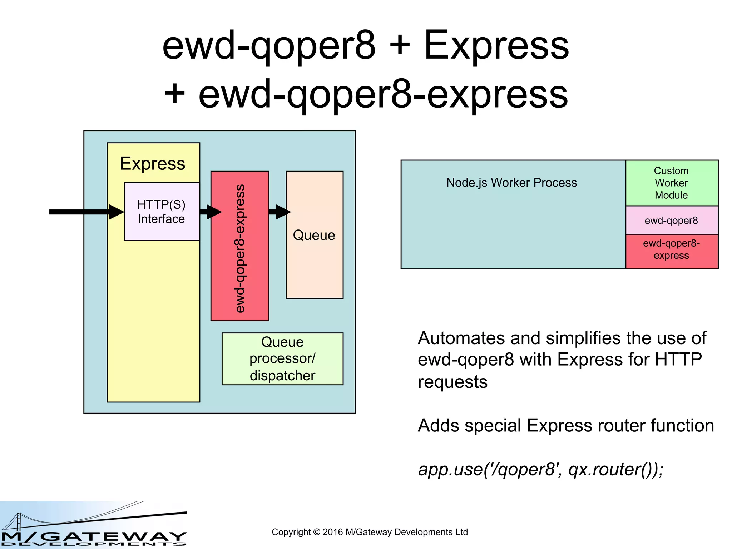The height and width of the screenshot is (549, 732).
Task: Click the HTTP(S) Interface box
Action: coord(162,212)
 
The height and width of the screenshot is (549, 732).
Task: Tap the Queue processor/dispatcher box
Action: coord(282,359)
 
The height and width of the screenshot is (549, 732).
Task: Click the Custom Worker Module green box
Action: coord(672,183)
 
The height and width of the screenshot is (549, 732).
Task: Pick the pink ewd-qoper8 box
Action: coord(672,220)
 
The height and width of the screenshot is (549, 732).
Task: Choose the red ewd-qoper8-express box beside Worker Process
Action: coord(672,250)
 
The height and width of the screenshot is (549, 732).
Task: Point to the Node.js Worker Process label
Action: coord(511,183)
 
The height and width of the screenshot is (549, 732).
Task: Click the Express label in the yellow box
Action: coord(153,164)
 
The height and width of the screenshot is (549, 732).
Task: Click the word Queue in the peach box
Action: coord(314,235)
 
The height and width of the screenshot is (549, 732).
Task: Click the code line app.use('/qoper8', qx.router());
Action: coord(541,469)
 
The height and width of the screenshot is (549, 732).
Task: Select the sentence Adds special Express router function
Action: coord(566,425)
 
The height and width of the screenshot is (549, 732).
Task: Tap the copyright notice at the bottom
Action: coord(370,532)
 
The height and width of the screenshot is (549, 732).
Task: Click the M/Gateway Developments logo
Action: coord(94,525)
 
